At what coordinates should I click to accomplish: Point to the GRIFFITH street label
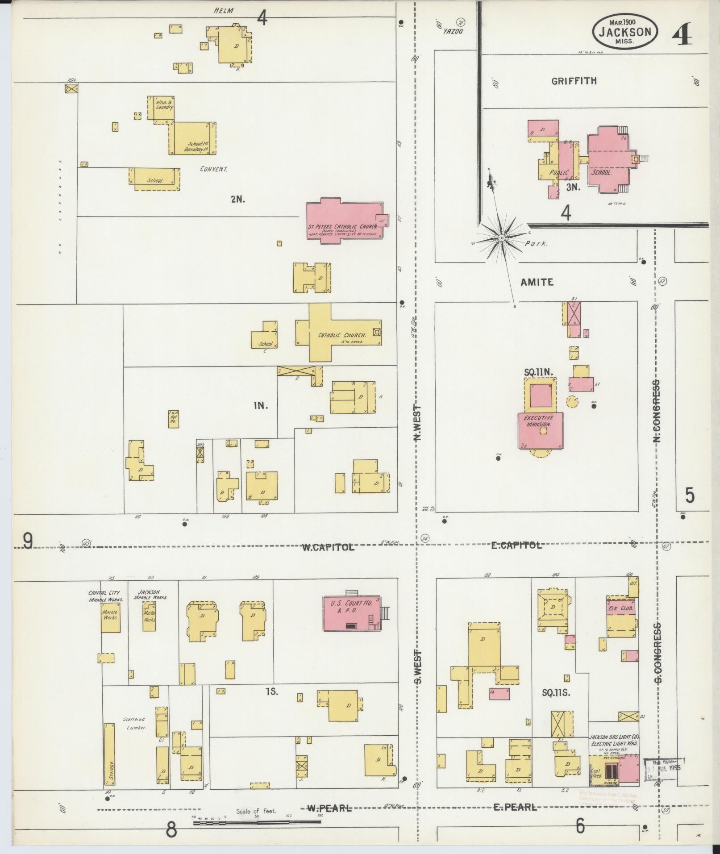(x=574, y=81)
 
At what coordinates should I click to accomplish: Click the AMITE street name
(x=537, y=282)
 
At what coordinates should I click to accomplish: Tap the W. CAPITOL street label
(x=328, y=547)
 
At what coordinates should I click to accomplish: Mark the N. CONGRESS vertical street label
(x=657, y=411)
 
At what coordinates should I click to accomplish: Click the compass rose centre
(x=502, y=238)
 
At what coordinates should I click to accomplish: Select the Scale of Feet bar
(x=257, y=822)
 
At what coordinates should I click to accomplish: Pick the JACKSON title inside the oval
(x=624, y=32)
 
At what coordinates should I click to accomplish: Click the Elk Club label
(x=621, y=608)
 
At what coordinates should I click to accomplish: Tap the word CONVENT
(x=214, y=169)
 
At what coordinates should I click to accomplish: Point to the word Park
(x=536, y=244)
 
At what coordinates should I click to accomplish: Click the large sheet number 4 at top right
(x=681, y=34)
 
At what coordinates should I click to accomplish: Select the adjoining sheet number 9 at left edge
(x=28, y=542)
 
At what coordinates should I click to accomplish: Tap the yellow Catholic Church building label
(x=342, y=335)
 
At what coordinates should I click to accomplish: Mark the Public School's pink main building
(x=606, y=160)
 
